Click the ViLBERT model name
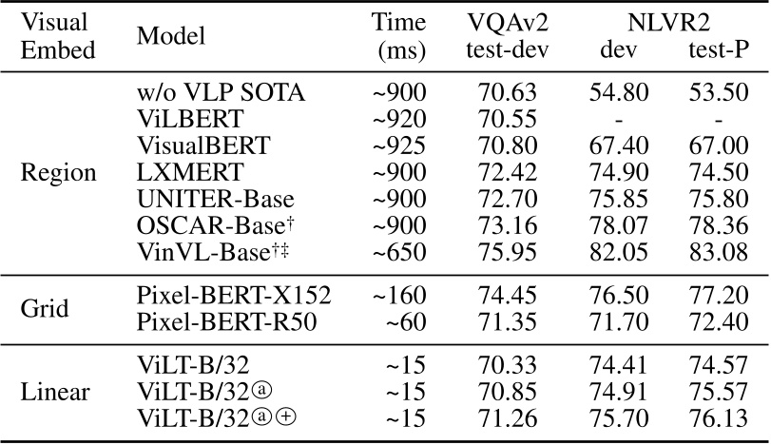pyautogui.click(x=178, y=120)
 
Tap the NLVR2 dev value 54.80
pyautogui.click(x=618, y=93)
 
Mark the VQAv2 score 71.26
pyautogui.click(x=510, y=417)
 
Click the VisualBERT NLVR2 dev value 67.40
pyautogui.click(x=618, y=147)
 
